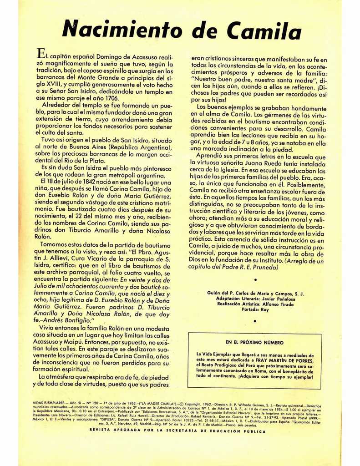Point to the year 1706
tap(110, 98)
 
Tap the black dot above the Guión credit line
tap(255, 280)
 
